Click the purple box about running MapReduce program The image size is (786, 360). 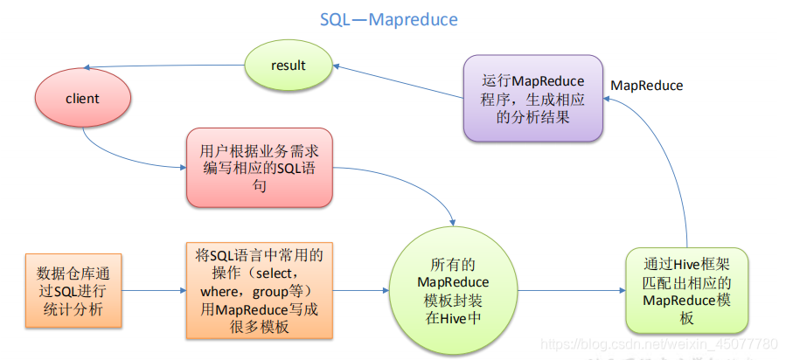pos(532,99)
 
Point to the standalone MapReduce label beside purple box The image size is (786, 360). pos(646,86)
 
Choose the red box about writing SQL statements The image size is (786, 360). pos(259,169)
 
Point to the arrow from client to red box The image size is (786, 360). pos(131,157)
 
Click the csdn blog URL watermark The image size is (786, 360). pos(660,345)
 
